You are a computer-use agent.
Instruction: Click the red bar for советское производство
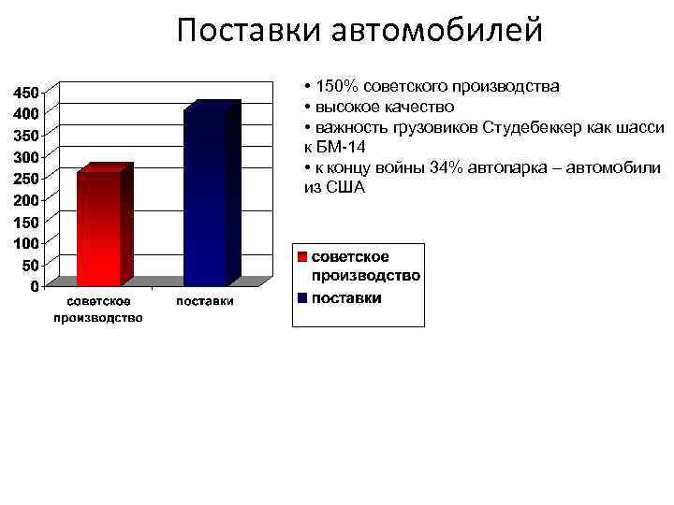click(x=98, y=228)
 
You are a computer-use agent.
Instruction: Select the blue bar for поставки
click(x=205, y=196)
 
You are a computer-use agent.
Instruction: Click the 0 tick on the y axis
click(x=34, y=286)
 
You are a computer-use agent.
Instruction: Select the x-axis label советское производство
click(x=98, y=309)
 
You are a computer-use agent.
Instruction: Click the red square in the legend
click(x=302, y=256)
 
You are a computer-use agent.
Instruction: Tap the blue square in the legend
click(x=302, y=298)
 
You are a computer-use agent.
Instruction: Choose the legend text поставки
click(x=346, y=298)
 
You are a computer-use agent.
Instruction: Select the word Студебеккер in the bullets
click(x=524, y=127)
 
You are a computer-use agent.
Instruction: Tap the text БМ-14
click(x=343, y=147)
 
